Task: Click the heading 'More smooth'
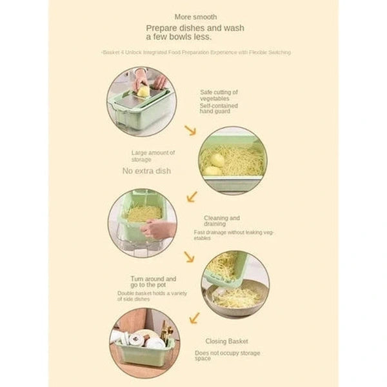coord(195,16)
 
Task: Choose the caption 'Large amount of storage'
coord(153,155)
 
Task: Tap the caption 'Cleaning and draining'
coord(222,221)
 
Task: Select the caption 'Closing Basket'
coord(226,341)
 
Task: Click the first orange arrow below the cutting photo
coord(190,131)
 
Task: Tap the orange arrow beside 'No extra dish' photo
coord(192,195)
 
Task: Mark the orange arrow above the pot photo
coord(189,257)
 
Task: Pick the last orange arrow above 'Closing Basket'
coord(193,317)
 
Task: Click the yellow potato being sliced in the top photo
coord(143,91)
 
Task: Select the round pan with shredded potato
coord(236,297)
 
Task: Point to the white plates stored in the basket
coord(145,340)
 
